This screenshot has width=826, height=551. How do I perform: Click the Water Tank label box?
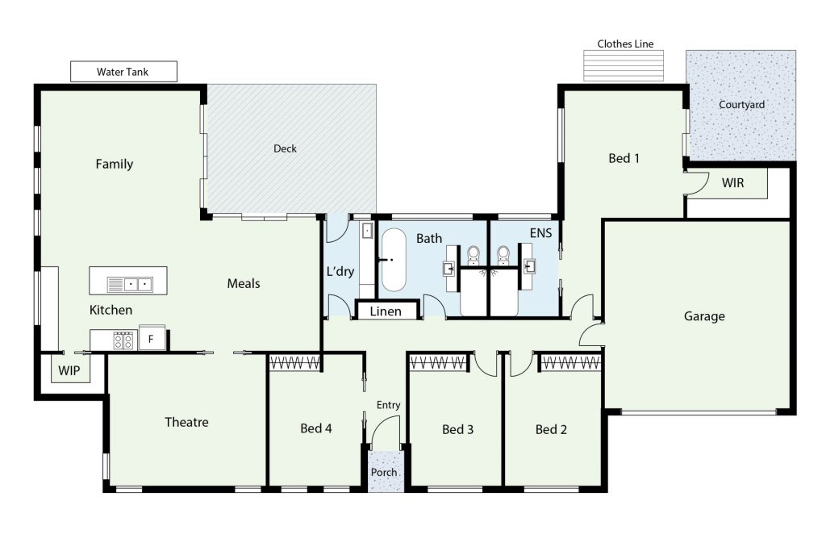pyautogui.click(x=123, y=72)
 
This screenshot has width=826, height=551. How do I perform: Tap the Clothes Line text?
pyautogui.click(x=625, y=44)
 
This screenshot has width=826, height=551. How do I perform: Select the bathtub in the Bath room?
pyautogui.click(x=394, y=260)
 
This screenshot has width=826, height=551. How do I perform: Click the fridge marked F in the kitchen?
pyautogui.click(x=152, y=339)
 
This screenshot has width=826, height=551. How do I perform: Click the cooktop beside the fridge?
pyautogui.click(x=123, y=340)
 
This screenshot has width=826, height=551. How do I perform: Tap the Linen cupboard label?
pyautogui.click(x=386, y=311)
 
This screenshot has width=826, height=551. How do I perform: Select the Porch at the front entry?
pyautogui.click(x=384, y=471)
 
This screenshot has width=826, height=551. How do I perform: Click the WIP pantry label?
pyautogui.click(x=69, y=370)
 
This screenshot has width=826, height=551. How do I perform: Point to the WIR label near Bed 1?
pyautogui.click(x=732, y=183)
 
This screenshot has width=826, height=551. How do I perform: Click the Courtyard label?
pyautogui.click(x=742, y=104)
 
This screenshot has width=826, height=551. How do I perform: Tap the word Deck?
pyautogui.click(x=285, y=148)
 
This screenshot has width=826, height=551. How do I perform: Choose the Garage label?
pyautogui.click(x=704, y=316)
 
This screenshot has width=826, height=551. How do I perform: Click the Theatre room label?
pyautogui.click(x=186, y=422)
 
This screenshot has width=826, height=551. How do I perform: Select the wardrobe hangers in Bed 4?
pyautogui.click(x=295, y=362)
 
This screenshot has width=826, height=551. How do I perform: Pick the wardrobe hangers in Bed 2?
pyautogui.click(x=570, y=362)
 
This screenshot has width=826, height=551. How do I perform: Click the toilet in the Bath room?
pyautogui.click(x=473, y=254)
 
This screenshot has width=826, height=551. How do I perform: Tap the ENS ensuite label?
pyautogui.click(x=541, y=233)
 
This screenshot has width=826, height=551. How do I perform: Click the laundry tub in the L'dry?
pyautogui.click(x=367, y=230)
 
